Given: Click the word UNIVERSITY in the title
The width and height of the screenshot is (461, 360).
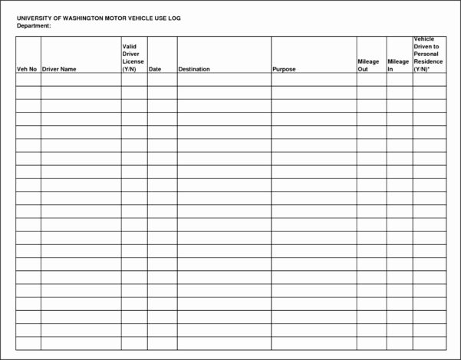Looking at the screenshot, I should point(34,18).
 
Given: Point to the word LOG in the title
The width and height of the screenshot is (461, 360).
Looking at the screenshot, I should point(174,18).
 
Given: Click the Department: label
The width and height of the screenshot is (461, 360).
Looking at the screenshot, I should point(34,25).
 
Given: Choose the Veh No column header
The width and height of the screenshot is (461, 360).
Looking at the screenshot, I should point(27,69).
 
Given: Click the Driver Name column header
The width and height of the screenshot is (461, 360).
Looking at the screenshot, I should point(59,69).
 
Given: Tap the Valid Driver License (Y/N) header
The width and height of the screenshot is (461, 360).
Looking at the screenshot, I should point(133,58).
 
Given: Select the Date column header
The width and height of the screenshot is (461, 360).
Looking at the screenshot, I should point(155,69).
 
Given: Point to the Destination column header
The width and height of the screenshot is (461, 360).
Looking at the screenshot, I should point(194,69).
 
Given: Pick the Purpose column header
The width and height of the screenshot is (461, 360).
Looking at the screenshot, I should point(284,69).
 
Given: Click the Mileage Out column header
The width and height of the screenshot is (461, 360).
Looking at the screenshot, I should point(368,65).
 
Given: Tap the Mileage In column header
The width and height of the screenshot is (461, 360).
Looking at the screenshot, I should point(398,65).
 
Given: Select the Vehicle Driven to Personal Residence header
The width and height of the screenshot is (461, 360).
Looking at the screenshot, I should point(428,54).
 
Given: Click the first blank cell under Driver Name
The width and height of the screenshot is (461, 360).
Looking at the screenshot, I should point(81,80).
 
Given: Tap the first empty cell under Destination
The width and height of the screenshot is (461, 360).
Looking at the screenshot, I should point(223,80).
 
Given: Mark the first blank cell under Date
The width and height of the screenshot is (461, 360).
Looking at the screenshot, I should point(162,80).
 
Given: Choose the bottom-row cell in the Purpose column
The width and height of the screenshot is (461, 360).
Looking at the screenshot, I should point(313,343).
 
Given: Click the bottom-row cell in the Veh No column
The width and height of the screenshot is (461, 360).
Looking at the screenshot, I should point(28,343).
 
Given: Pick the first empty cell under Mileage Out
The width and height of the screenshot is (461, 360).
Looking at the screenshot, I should point(371,80).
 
